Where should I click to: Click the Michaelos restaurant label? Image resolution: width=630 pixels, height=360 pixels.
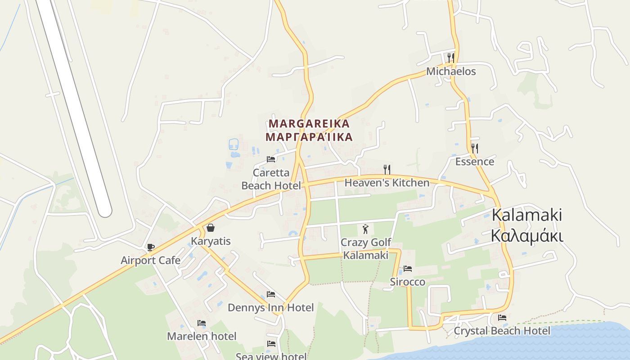tap(450, 72)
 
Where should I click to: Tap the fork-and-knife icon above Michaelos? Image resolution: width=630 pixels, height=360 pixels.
tap(450, 58)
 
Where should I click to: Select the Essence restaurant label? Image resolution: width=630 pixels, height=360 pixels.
tap(474, 162)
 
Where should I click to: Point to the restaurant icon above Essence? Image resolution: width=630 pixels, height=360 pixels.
tap(474, 148)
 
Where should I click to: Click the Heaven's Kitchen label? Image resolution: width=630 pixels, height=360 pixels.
tap(387, 183)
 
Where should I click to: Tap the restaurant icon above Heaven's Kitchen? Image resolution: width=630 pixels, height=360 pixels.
tap(387, 169)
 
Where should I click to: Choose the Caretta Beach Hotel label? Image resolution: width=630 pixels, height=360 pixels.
tap(271, 179)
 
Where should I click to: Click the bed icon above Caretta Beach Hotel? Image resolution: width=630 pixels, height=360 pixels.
tap(271, 159)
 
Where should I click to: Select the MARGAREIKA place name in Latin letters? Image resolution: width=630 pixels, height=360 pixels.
tap(309, 124)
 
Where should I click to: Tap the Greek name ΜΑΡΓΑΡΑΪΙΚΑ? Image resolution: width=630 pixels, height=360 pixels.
tap(309, 137)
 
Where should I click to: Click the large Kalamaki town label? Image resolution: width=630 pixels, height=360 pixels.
tap(526, 215)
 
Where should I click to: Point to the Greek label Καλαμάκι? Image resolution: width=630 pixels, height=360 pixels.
tap(526, 235)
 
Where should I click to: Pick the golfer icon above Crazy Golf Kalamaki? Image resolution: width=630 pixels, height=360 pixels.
tap(365, 229)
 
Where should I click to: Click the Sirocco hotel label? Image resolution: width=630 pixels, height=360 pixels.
tap(407, 282)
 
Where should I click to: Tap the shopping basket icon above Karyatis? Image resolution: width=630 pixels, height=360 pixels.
tap(211, 228)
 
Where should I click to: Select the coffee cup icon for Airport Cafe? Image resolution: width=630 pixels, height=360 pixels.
tap(151, 247)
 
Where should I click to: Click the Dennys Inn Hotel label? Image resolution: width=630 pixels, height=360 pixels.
tap(270, 308)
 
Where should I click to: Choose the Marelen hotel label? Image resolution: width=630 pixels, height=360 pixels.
tap(201, 336)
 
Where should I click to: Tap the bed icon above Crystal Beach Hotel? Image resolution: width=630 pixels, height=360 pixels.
tap(502, 318)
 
